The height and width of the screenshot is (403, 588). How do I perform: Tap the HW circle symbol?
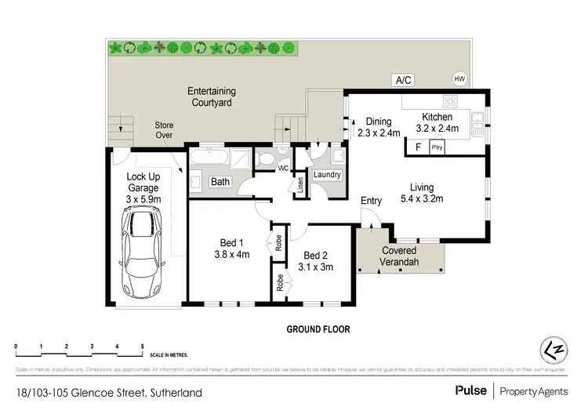pos(459,78)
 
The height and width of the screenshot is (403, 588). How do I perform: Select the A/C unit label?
pos(404,80)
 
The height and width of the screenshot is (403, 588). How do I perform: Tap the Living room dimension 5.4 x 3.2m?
pos(422,198)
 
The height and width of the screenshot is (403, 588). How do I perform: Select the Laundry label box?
pos(327,174)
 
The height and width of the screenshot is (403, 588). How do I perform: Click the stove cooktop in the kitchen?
pos(451,101)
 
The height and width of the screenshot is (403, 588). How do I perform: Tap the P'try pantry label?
pos(436,147)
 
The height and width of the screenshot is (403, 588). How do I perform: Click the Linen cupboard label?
pos(299,186)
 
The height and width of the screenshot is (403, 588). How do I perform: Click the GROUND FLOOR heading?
pos(318,329)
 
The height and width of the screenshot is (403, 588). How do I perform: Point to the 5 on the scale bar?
pos(142,346)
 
